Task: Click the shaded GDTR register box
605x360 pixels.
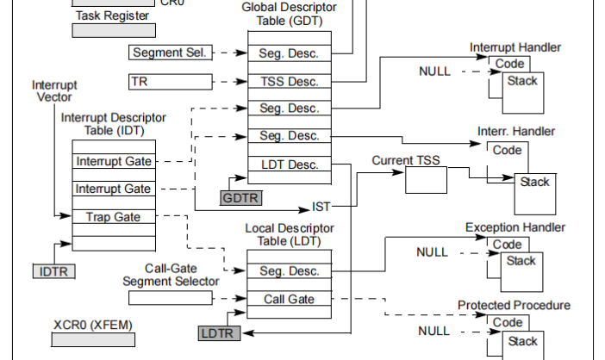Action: [241, 198]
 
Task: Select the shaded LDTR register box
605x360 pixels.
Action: [218, 332]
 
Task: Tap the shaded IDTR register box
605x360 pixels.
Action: [54, 272]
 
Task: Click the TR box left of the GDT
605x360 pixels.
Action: [170, 82]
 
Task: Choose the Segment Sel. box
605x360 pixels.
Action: [170, 53]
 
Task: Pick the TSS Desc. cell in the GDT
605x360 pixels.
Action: [289, 82]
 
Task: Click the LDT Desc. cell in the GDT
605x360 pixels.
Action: [289, 164]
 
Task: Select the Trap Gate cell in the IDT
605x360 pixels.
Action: [113, 216]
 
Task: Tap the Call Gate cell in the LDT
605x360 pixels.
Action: [289, 299]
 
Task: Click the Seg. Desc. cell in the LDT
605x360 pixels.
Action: [289, 270]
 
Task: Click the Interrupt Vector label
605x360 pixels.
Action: [53, 91]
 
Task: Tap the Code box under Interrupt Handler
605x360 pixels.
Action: [508, 64]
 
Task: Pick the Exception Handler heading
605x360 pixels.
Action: [515, 227]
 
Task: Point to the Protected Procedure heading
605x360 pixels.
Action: [514, 306]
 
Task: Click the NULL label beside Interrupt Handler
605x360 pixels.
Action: [434, 71]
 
